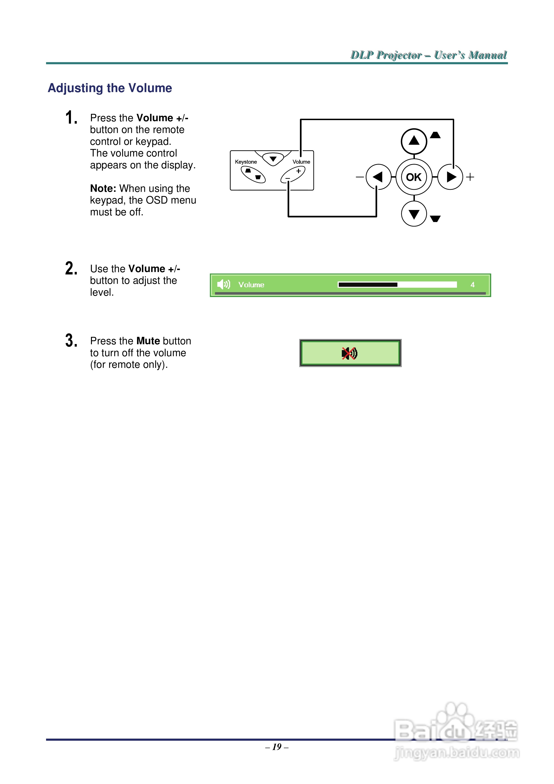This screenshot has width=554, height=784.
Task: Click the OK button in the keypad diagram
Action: coord(414,177)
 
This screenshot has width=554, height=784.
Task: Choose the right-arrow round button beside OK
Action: coord(450,177)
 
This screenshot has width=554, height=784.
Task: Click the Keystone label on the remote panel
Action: coord(246,162)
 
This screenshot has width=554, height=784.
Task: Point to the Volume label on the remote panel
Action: coord(301,162)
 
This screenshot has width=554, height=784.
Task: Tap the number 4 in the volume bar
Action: coord(472,284)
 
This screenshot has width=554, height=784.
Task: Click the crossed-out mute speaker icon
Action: coord(349,353)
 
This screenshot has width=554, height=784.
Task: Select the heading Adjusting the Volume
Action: coord(110,88)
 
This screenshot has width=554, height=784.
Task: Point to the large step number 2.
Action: coord(71,268)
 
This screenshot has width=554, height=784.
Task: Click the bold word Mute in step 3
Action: coord(148,341)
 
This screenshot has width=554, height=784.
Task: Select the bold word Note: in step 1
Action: coord(103,189)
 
